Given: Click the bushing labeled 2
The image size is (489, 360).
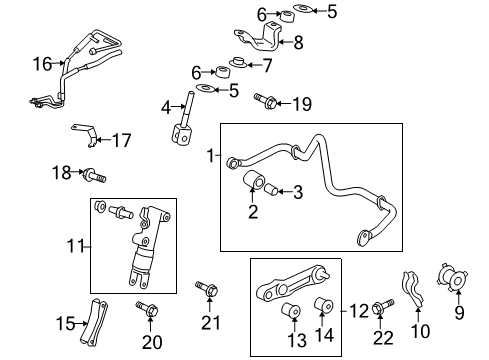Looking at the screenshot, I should [256, 184].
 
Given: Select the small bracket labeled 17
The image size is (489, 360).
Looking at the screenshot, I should [85, 131].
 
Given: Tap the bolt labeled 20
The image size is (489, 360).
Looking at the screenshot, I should [146, 310].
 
